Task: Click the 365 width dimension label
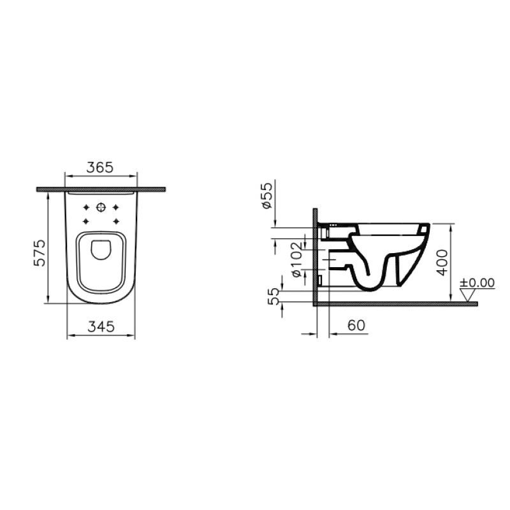coord(100,168)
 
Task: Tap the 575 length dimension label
coord(40,253)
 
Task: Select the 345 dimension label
coord(101,326)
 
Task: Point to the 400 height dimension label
coord(442,263)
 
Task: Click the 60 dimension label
coord(356,325)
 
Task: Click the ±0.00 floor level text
coord(477,282)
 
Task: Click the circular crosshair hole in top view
coord(101,207)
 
